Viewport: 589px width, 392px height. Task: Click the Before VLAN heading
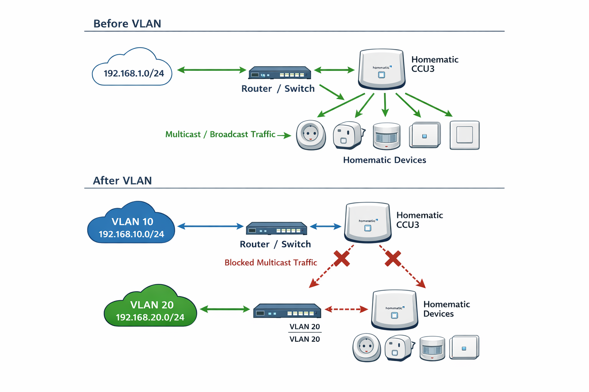pos(127,24)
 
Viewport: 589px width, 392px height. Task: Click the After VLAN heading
pos(122,181)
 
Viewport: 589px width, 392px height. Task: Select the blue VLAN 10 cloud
pos(131,226)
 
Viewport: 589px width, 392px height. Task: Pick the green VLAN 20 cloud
pos(150,309)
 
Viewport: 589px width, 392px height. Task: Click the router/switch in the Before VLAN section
pos(280,73)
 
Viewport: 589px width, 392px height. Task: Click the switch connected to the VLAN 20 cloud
pos(287,311)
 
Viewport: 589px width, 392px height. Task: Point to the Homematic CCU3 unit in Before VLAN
pos(382,69)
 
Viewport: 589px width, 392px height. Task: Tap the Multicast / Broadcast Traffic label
pos(220,134)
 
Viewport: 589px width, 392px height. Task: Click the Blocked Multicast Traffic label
pos(271,263)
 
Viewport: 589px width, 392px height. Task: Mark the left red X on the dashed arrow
pos(341,258)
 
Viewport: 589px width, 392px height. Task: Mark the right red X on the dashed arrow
pos(393,258)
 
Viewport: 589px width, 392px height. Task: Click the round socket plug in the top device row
pos(311,135)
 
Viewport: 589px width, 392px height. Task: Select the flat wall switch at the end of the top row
pos(464,135)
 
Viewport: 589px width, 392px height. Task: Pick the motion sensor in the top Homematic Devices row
pos(387,136)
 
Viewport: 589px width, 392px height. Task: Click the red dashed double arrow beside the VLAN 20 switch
pos(346,309)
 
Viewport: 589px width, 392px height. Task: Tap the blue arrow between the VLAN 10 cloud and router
pos(211,226)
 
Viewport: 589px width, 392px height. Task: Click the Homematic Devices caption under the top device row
pos(384,160)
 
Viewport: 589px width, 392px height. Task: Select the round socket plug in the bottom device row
pos(366,347)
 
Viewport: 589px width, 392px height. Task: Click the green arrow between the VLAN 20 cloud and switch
pos(225,309)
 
